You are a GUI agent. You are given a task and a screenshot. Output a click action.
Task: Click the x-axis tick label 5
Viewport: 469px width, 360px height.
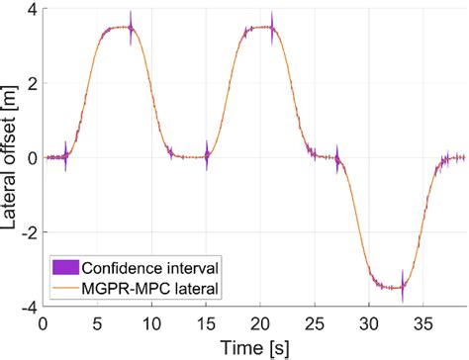point(97,322)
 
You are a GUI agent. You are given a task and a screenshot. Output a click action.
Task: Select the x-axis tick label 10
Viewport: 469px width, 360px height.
point(151,322)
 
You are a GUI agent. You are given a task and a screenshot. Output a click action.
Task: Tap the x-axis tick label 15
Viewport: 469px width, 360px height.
point(206,322)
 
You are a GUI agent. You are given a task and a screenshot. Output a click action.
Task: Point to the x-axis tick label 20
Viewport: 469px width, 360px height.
point(260,322)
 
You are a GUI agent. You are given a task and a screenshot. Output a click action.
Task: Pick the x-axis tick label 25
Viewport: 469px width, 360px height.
point(315,322)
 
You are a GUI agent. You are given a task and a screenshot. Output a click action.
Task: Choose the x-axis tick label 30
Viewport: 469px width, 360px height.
point(369,322)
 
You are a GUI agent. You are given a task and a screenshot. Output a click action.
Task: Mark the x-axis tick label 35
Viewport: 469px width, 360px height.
point(423,322)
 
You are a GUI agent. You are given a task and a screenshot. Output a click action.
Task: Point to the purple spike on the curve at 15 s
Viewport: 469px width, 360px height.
point(207,154)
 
